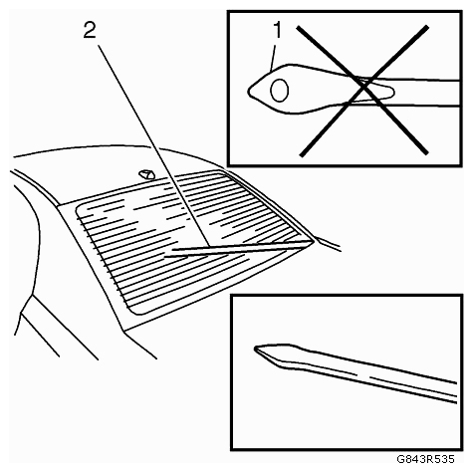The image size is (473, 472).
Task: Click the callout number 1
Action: pyautogui.click(x=277, y=30)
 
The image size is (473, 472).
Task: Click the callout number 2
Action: pyautogui.click(x=90, y=31)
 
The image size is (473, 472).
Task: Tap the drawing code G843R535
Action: pyautogui.click(x=425, y=459)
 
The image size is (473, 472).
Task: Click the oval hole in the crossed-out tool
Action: pyautogui.click(x=280, y=90)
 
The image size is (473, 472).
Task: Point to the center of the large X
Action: pyautogui.click(x=364, y=88)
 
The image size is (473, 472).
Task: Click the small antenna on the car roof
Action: pyautogui.click(x=146, y=174)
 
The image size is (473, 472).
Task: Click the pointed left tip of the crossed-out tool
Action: pyautogui.click(x=249, y=91)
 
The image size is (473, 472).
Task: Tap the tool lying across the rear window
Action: pyautogui.click(x=239, y=249)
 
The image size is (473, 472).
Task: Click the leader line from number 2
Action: pyautogui.click(x=154, y=145)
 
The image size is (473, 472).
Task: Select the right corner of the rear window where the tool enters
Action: pyautogui.click(x=313, y=242)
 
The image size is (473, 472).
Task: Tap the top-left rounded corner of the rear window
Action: pyautogui.click(x=80, y=210)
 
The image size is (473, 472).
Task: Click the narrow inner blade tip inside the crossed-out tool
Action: pyautogui.click(x=391, y=91)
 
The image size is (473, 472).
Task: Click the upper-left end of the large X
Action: pyautogui.click(x=299, y=27)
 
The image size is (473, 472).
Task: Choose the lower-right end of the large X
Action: pyautogui.click(x=425, y=152)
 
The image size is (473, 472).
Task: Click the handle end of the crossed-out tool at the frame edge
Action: pyautogui.click(x=458, y=94)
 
